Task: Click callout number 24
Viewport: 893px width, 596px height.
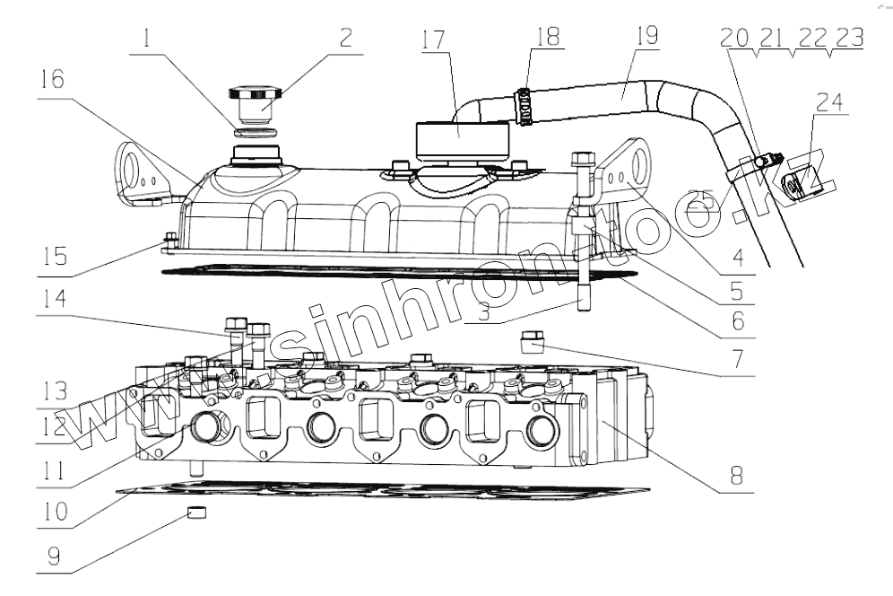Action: pos(830,102)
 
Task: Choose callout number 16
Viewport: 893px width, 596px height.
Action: pos(51,81)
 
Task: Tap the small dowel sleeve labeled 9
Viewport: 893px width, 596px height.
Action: pos(197,513)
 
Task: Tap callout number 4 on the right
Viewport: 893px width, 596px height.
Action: pos(737,256)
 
